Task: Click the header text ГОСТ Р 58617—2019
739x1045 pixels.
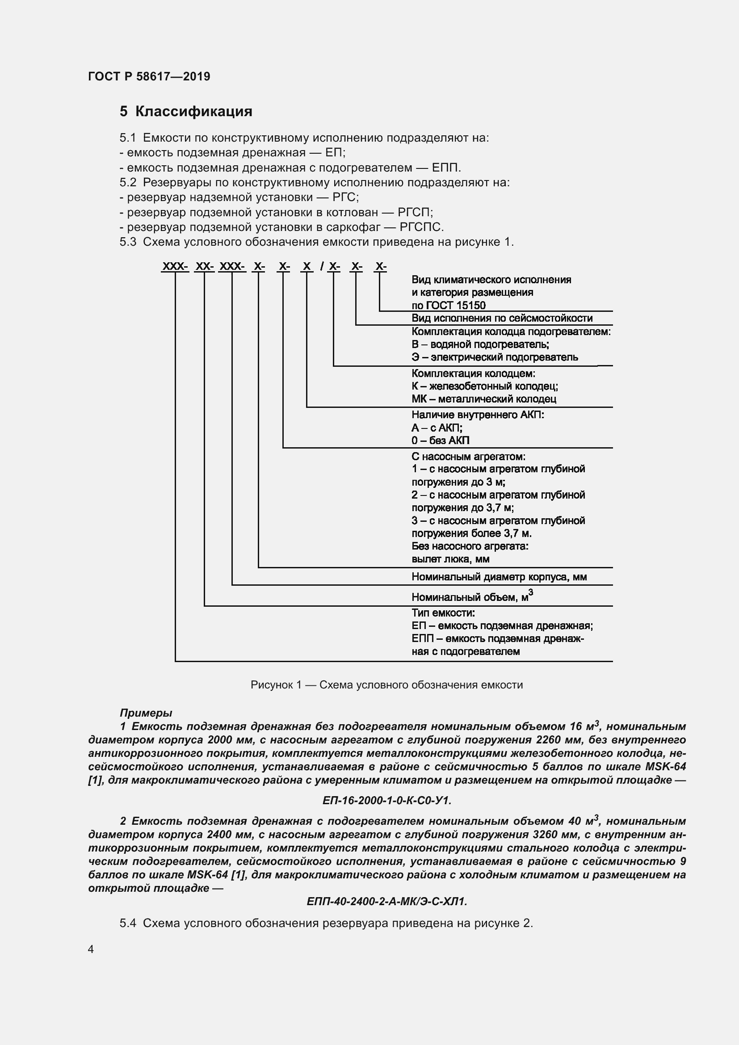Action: [x=149, y=76]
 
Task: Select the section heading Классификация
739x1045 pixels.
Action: [x=193, y=112]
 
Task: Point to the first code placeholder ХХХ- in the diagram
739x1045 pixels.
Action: [x=175, y=266]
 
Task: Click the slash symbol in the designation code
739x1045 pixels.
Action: [x=322, y=266]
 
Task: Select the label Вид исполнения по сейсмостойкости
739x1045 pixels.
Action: [x=501, y=318]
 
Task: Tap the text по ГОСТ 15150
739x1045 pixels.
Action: [x=448, y=306]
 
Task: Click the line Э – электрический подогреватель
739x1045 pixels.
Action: [x=495, y=357]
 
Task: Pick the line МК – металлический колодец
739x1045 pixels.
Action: [x=484, y=399]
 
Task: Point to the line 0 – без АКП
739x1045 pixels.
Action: [x=440, y=441]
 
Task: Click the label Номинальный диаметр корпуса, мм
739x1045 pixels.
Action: [x=499, y=577]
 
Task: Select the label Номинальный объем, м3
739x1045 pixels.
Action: [x=472, y=597]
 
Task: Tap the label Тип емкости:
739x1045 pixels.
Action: [x=443, y=613]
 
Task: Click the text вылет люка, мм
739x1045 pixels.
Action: [x=450, y=559]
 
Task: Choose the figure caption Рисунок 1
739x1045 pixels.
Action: [x=386, y=685]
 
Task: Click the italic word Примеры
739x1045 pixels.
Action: [x=146, y=713]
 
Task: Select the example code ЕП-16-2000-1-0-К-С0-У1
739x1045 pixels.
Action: [x=387, y=801]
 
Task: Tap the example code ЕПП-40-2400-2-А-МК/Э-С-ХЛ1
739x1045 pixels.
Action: [x=387, y=902]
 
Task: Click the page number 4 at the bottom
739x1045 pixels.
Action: [x=91, y=949]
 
